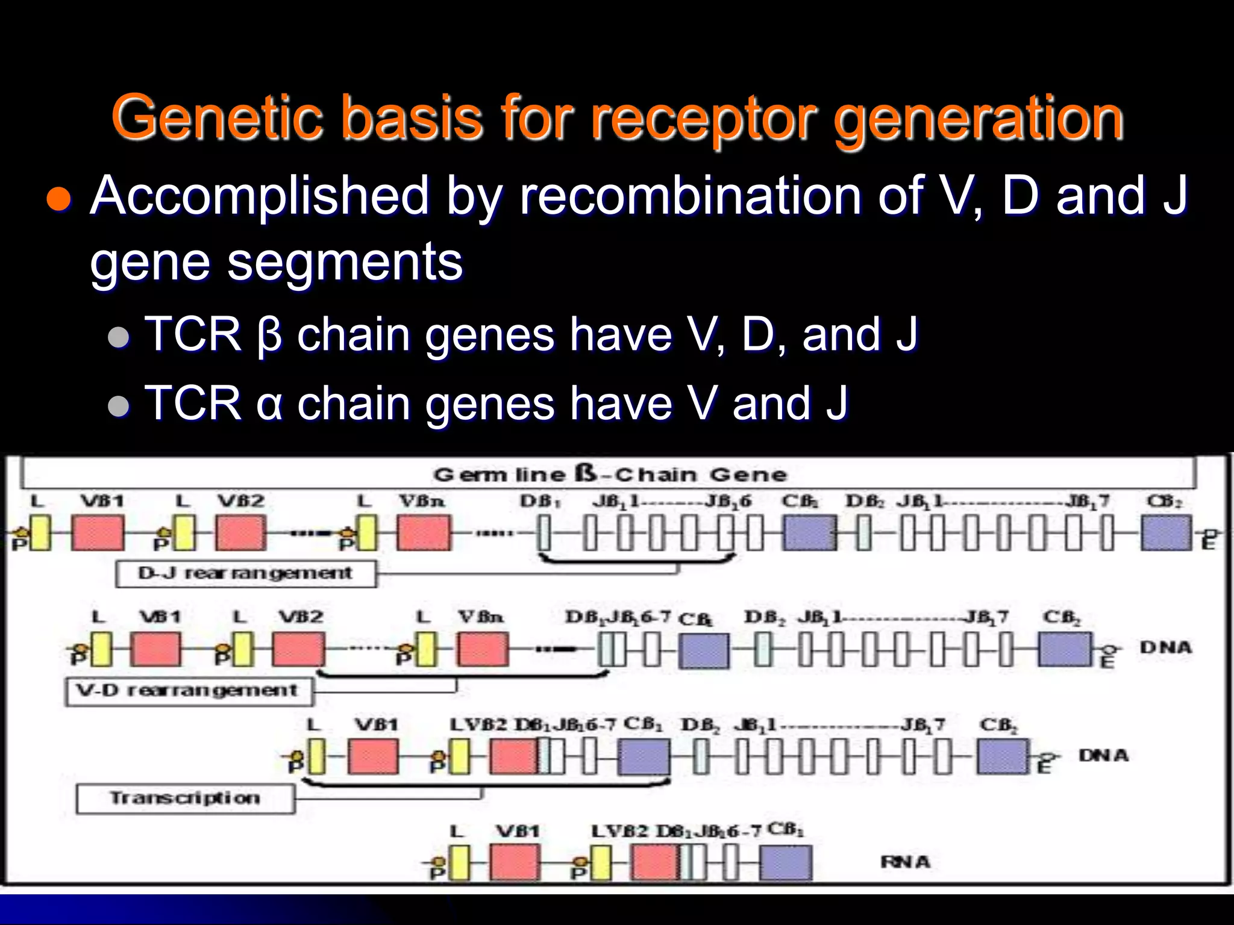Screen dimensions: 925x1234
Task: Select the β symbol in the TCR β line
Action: coord(269,335)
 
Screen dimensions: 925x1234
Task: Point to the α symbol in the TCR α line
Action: coord(269,405)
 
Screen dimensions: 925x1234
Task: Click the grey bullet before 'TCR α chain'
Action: coord(119,406)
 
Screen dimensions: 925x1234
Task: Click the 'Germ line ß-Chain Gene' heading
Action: coord(609,474)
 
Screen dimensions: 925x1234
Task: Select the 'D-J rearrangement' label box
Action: coord(246,573)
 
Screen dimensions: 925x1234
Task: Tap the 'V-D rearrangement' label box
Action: coord(189,691)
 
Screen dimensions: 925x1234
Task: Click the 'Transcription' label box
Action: coord(185,799)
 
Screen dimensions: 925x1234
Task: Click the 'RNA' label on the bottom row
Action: coord(906,862)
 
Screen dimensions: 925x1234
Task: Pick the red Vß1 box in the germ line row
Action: coord(98,532)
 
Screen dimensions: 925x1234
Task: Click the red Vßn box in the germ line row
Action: coord(424,532)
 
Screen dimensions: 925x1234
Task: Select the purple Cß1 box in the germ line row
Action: coord(809,532)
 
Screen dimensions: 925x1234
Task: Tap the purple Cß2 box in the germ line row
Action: coord(1166,532)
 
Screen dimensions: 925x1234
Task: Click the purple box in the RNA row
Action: coord(785,862)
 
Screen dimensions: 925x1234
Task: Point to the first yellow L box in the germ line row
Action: coord(40,532)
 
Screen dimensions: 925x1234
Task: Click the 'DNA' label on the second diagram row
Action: coord(1165,648)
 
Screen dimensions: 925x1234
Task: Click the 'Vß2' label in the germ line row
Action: coord(241,501)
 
